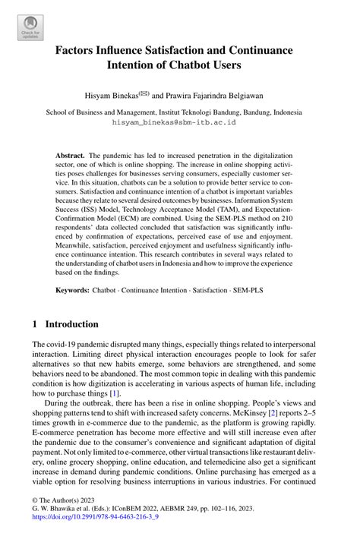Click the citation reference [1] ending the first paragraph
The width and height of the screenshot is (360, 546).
click(114, 372)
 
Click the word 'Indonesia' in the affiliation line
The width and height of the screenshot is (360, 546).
click(292, 110)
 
